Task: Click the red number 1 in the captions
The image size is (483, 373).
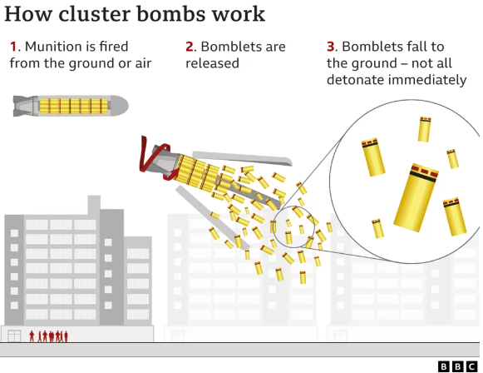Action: (13, 47)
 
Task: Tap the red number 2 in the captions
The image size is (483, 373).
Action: (190, 47)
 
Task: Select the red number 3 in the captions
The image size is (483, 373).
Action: (331, 47)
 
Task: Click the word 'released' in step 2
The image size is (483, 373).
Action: (212, 63)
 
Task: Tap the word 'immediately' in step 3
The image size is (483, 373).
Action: (427, 80)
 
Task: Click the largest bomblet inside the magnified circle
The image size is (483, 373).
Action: (416, 197)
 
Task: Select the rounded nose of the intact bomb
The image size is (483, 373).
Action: (121, 106)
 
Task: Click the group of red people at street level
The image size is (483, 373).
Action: (48, 336)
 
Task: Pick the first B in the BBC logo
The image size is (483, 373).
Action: (444, 366)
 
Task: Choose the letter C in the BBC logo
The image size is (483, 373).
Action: (471, 366)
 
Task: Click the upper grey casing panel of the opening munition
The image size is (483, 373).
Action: (242, 158)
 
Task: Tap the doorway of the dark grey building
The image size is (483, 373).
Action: (14, 336)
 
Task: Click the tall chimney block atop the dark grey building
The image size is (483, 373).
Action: (94, 204)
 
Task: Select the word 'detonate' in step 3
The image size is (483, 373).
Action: (354, 80)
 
